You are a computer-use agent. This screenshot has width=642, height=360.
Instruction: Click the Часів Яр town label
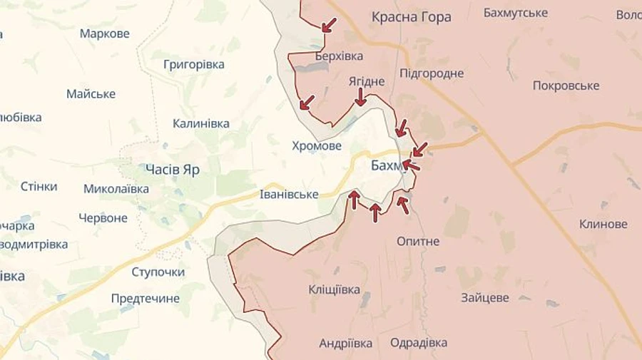coord(172,170)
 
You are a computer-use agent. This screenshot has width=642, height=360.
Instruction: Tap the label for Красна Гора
coord(411,17)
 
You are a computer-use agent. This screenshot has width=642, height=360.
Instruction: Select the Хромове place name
coord(317,145)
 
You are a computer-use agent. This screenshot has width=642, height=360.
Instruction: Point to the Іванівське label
coord(288,195)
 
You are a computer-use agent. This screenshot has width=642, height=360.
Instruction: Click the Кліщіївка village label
coord(334,289)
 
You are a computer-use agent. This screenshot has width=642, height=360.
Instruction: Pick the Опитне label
coord(418,241)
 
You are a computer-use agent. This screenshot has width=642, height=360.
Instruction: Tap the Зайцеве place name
coord(485,298)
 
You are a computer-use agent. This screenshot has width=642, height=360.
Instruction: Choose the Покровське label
coord(566,86)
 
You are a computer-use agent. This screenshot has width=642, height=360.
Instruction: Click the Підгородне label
coord(432,73)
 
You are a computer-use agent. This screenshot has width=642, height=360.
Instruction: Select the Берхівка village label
coord(338,56)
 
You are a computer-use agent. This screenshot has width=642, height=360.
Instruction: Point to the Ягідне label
coord(367,81)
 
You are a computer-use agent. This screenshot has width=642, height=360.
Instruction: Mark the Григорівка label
coord(194,64)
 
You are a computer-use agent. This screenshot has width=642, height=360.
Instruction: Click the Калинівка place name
coord(201,123)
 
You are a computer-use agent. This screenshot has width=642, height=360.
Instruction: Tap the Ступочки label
coord(158,272)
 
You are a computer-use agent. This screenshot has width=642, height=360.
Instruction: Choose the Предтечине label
coord(146,298)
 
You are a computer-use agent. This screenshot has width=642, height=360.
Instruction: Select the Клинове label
coord(603,224)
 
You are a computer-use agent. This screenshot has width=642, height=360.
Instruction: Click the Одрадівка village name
coord(419,343)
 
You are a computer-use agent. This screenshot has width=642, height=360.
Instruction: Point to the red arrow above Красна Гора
coord(329,25)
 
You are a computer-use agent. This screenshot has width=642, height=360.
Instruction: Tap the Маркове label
coord(105,34)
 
